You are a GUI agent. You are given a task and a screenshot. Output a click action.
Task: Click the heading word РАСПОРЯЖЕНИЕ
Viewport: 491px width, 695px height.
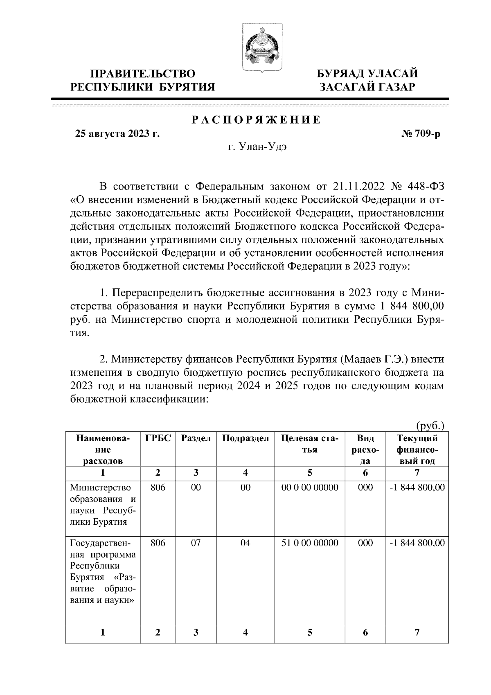[x=257, y=120]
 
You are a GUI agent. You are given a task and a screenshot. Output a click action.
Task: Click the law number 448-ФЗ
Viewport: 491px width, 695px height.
[x=426, y=187]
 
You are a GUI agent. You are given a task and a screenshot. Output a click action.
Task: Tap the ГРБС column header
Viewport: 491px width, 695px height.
[x=158, y=438]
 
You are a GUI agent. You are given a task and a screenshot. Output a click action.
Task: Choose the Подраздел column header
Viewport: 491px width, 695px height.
[x=245, y=438]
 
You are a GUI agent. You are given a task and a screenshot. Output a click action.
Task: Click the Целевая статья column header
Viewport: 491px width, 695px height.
[x=310, y=444]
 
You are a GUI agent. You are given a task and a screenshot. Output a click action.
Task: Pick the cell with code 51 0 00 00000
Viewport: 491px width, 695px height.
[x=310, y=543]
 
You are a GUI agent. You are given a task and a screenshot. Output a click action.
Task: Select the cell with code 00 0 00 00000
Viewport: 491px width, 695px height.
[x=310, y=487]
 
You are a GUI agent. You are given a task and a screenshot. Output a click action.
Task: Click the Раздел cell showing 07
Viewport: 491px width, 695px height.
[x=196, y=543]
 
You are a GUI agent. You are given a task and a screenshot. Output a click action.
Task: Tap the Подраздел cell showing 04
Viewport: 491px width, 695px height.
[x=245, y=543]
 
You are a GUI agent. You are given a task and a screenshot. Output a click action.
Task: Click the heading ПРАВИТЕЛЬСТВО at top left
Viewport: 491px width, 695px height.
[x=143, y=74]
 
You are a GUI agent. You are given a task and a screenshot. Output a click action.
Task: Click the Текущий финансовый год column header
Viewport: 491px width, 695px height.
[x=417, y=449]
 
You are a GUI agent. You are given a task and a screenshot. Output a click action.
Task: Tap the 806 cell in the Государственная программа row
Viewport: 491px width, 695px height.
[x=158, y=543]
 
